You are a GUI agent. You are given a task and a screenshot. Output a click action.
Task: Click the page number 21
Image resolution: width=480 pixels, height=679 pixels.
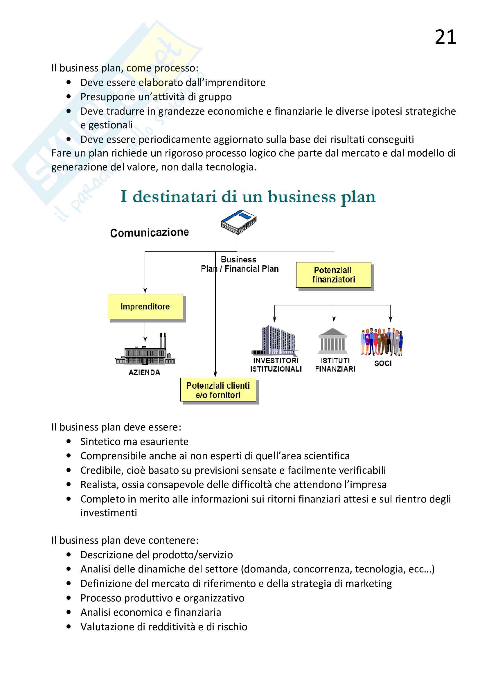coord(445,37)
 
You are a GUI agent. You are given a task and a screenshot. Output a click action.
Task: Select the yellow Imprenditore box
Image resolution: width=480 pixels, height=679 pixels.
coord(145,306)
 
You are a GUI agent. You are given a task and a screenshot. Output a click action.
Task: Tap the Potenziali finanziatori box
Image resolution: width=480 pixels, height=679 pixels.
coord(333,275)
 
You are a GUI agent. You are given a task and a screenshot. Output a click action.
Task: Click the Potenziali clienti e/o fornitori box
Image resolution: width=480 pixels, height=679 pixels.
coord(218,390)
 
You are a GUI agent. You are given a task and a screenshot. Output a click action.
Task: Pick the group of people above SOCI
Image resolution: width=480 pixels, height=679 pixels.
coord(382,341)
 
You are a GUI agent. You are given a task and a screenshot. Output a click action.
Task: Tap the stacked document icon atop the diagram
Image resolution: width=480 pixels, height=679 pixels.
coord(239,222)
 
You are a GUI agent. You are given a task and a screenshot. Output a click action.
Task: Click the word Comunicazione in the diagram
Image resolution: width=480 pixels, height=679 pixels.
coord(149,233)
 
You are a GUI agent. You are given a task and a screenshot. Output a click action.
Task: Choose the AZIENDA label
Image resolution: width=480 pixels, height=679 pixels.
coord(144,372)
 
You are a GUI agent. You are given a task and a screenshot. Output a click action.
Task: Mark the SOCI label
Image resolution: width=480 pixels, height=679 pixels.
coord(383,363)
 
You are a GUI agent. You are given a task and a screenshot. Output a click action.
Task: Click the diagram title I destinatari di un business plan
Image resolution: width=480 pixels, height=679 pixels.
coord(248,197)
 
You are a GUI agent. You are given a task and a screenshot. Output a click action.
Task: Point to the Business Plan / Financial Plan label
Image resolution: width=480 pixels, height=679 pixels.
coord(240,264)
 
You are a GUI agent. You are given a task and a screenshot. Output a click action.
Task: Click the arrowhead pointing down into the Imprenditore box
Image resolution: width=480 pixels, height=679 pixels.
coord(145,291)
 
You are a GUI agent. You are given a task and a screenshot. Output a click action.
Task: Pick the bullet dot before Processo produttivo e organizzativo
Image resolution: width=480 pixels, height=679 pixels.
coord(69,598)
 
